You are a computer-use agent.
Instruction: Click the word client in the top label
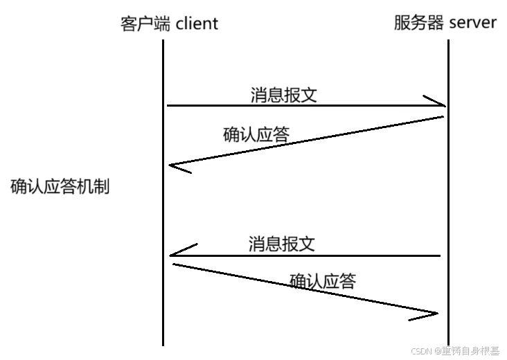(197, 24)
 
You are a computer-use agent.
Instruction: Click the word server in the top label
(473, 22)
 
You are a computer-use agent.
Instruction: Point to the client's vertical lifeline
(163, 208)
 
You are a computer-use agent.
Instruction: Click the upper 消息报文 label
(284, 95)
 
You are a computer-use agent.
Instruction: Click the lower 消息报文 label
(282, 244)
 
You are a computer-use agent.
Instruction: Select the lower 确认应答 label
(323, 281)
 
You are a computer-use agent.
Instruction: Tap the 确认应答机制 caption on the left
(60, 187)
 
